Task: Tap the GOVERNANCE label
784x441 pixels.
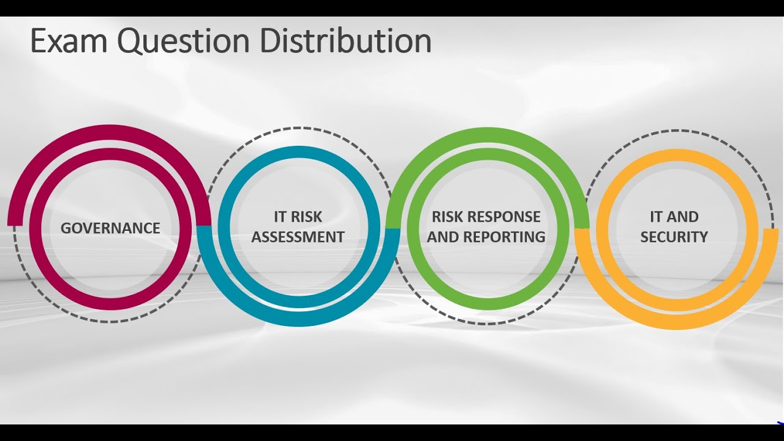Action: [x=110, y=228]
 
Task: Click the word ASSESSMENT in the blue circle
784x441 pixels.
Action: [x=298, y=237]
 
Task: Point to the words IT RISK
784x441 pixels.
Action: [x=298, y=217]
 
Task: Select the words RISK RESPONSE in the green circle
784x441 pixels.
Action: [x=486, y=217]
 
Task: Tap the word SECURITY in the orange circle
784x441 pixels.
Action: [x=674, y=237]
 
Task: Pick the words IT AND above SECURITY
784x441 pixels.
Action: [x=674, y=217]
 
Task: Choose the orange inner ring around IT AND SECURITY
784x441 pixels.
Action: [x=674, y=154]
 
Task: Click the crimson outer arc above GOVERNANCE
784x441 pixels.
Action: [x=110, y=130]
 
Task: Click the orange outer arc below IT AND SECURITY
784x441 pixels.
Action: [x=674, y=323]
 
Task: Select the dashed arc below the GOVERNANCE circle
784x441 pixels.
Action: [x=110, y=321]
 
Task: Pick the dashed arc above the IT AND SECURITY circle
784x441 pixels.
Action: [x=674, y=130]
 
